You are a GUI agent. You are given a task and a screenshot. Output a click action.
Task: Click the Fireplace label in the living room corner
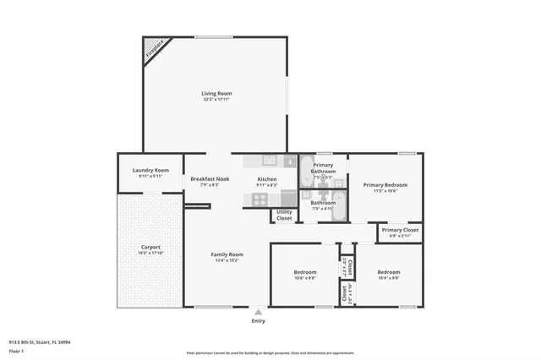coord(154,49)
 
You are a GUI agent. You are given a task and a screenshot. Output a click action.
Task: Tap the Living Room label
coord(216,93)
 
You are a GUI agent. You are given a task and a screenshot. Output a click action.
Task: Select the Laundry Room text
coord(150,170)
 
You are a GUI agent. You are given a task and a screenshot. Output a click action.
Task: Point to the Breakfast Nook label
coord(210,179)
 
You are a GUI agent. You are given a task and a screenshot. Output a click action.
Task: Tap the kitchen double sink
coord(267,160)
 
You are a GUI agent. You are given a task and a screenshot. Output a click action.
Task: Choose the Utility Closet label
coord(284,215)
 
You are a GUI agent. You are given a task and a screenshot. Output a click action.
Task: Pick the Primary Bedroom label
coord(385,184)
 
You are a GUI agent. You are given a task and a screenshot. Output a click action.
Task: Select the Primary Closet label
coord(400,230)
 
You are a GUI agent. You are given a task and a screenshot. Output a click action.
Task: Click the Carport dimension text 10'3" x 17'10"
coord(150,253)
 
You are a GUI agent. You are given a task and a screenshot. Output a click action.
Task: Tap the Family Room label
coord(227,254)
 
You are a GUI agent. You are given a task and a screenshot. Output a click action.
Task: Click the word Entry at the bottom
coord(258,321)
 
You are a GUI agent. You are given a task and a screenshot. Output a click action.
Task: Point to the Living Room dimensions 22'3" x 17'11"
coord(216,100)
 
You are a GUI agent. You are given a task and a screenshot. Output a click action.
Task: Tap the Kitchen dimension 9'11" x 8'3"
coord(267,185)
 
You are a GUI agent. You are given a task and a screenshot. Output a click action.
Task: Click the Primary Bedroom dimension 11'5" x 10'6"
coord(385,191)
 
